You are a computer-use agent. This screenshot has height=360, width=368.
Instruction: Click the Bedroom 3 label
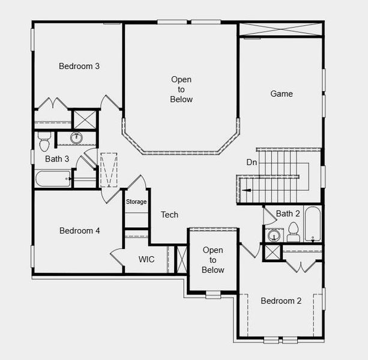point(79,66)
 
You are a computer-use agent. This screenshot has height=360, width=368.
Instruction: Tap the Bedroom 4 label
point(79,230)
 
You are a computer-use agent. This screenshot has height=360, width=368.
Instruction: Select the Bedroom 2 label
point(281,301)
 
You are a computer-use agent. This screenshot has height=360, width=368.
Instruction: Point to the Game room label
point(281,94)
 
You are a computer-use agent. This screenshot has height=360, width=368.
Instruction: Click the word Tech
point(169,215)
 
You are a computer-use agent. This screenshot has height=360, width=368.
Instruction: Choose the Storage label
point(136,202)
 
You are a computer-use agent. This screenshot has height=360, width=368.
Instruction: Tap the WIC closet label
point(147,259)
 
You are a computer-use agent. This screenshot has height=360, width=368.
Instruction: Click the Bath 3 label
point(57,159)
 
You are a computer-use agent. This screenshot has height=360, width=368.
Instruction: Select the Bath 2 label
point(288,214)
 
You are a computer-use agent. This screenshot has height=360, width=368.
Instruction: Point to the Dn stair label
point(252,162)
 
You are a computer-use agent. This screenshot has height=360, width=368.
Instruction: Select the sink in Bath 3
point(77,138)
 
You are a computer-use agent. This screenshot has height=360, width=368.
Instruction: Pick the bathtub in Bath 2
point(313,224)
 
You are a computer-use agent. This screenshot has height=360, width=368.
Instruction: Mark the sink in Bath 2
point(273,235)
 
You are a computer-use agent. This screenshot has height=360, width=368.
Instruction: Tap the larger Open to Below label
point(181,89)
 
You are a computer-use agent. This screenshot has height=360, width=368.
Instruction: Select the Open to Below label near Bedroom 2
point(213,260)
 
